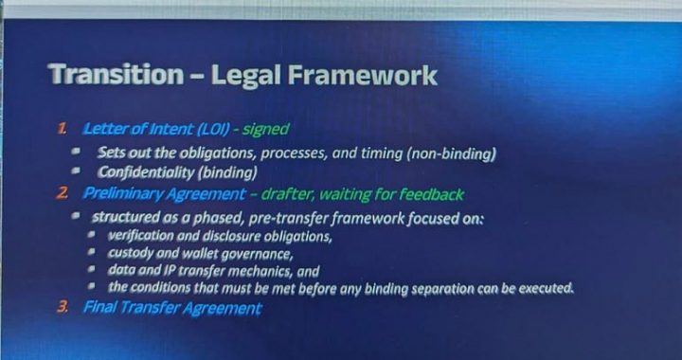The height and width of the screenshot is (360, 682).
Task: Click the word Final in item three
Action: pyautogui.click(x=99, y=308)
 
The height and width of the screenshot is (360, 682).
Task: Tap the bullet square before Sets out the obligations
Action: pyautogui.click(x=81, y=153)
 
